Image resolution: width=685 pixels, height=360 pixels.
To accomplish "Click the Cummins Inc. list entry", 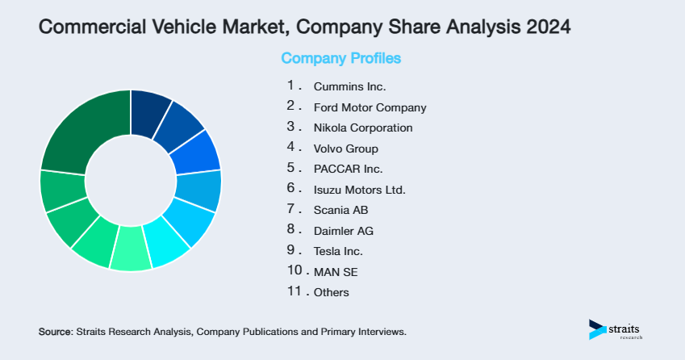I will point(350,86).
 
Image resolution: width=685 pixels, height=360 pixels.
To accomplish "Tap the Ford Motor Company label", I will point(370,107).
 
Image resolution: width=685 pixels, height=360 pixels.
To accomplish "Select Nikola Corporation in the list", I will point(363,128).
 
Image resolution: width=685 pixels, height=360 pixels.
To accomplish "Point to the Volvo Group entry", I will point(345,149).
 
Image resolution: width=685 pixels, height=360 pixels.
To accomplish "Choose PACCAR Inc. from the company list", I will point(348,170).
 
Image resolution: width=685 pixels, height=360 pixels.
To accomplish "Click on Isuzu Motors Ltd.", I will point(359,190).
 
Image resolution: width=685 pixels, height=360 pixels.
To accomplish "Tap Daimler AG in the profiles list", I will point(343,231).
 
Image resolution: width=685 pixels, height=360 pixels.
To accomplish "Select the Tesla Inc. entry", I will point(338,252).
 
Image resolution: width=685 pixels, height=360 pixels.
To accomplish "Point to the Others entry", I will point(332,292).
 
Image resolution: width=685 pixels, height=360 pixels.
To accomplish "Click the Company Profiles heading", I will point(340,58).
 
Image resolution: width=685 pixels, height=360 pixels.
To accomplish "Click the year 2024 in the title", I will point(546,27).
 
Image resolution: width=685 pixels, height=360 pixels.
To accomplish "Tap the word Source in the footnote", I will point(55,332).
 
